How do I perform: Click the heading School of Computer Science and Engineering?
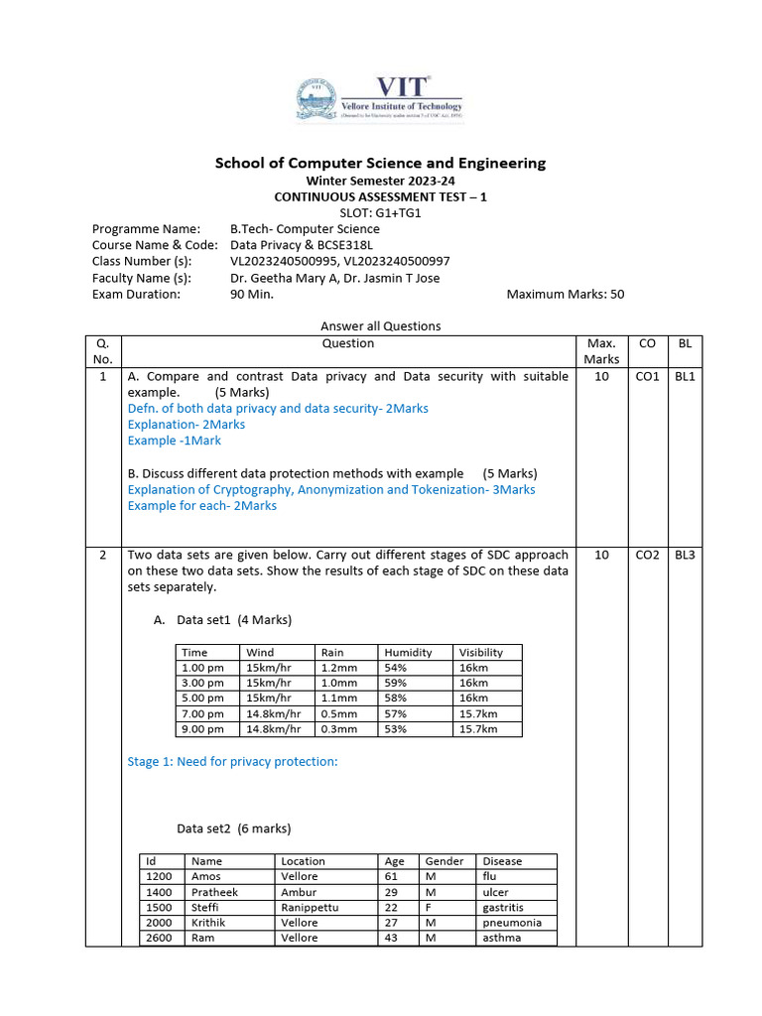pos(380,163)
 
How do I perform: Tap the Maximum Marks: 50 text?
pos(565,294)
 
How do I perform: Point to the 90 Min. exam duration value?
pos(252,294)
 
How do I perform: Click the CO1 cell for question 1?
pos(647,377)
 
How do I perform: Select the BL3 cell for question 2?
pos(685,556)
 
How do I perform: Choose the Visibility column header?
pos(481,652)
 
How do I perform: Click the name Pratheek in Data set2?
pos(213,892)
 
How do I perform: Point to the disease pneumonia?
pos(511,923)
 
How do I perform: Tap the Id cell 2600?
pos(158,938)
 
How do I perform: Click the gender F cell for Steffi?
pos(429,907)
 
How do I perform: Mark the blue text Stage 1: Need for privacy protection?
pos(233,762)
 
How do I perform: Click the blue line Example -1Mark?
pos(175,441)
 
